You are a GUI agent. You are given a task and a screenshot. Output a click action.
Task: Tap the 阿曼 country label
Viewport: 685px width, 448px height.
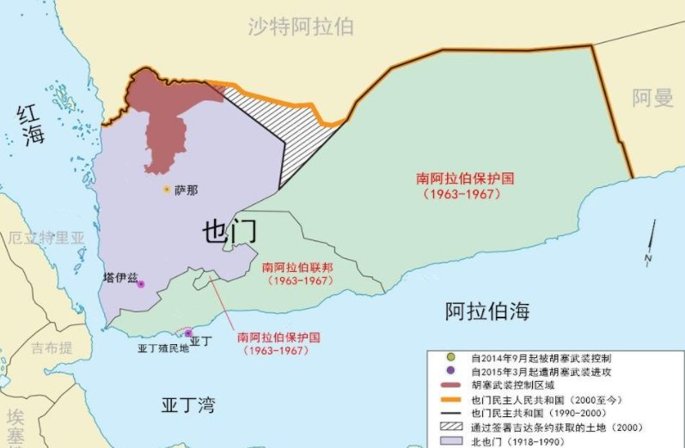(x=652, y=98)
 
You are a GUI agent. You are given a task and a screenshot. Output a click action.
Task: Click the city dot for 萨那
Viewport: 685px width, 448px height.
(x=166, y=189)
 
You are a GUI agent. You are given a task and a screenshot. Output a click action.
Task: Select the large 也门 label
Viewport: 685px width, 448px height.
(x=229, y=232)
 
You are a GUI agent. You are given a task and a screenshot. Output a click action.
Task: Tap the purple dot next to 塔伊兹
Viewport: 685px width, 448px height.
(x=141, y=284)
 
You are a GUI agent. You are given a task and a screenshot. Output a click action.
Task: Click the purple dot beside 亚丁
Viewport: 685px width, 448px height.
(x=188, y=333)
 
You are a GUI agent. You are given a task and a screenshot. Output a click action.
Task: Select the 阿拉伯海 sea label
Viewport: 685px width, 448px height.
(x=487, y=312)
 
